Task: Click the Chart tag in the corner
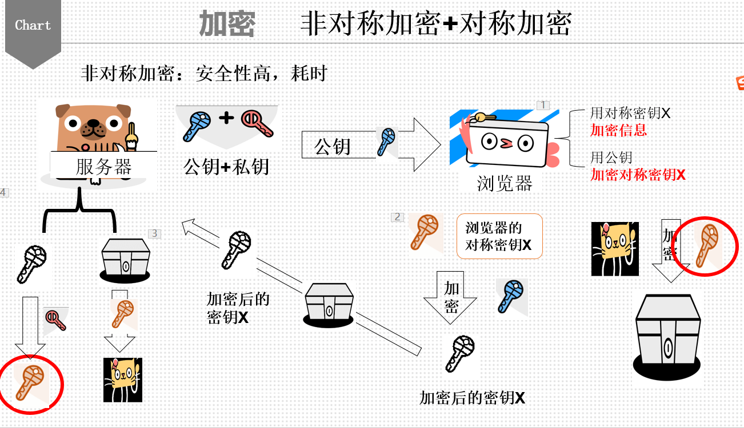33,26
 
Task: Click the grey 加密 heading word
227,25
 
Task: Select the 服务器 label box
103,166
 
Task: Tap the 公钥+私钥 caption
226,166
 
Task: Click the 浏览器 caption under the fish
505,183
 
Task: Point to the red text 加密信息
618,130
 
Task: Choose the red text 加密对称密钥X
638,175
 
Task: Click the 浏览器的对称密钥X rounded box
499,236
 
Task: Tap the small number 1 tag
543,105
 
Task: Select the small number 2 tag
398,217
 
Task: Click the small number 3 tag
155,233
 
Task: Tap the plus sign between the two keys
227,118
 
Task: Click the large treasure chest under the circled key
667,337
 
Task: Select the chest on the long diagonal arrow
329,304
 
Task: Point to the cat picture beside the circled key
615,249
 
